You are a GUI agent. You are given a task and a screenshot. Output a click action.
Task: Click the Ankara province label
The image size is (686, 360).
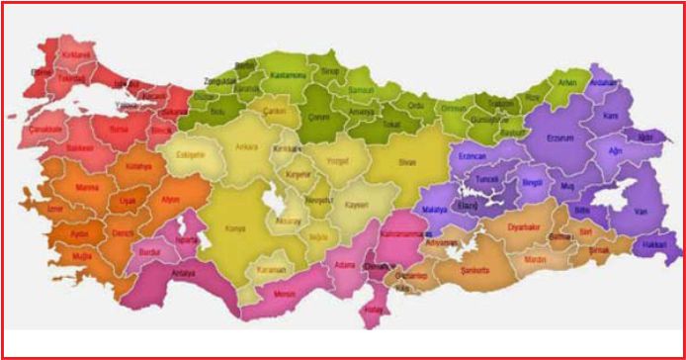(246, 147)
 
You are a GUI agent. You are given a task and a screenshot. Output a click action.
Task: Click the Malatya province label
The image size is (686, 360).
(435, 211)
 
